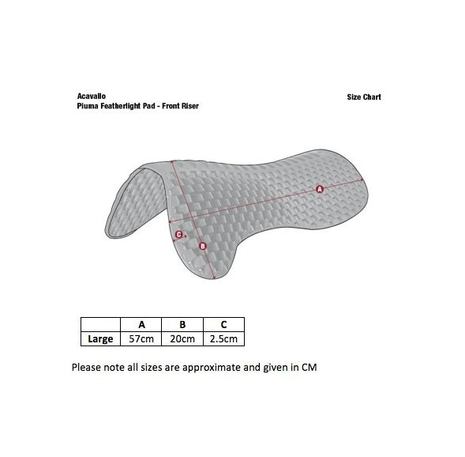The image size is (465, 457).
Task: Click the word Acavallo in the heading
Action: click(x=92, y=96)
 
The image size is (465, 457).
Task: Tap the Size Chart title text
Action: click(x=364, y=97)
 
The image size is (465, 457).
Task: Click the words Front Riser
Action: click(x=180, y=106)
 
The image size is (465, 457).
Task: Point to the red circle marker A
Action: click(x=320, y=189)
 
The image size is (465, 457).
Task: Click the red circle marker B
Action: click(x=203, y=246)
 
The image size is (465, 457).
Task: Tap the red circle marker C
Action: click(x=179, y=235)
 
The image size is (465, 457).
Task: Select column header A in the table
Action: click(x=141, y=324)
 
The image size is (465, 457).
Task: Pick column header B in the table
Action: click(x=182, y=324)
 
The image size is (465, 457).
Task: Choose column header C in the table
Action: click(x=224, y=324)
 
